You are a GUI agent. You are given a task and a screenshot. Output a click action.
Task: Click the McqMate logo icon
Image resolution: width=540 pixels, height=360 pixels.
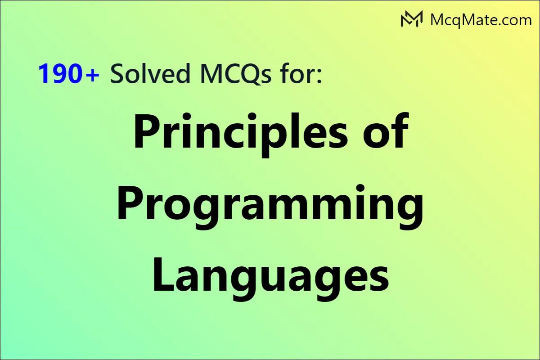[x=411, y=19]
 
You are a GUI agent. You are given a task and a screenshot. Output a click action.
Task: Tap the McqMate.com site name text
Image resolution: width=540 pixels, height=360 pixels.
[x=481, y=20]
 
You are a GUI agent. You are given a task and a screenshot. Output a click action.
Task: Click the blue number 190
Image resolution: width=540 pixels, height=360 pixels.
[x=59, y=73]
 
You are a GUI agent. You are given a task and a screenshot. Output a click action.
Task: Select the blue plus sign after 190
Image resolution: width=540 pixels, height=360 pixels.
[x=92, y=75]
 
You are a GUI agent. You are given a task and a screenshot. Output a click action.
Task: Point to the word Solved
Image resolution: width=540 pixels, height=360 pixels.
[x=150, y=73]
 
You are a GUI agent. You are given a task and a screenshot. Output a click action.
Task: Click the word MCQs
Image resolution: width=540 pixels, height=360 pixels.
[x=235, y=74]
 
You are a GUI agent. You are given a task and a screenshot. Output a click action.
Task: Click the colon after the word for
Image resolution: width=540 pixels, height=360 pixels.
[x=319, y=76]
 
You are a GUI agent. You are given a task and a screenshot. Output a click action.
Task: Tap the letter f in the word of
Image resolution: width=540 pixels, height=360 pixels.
[x=400, y=130]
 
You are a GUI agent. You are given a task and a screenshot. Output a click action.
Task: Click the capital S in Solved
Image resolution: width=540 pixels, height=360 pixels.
[x=117, y=73]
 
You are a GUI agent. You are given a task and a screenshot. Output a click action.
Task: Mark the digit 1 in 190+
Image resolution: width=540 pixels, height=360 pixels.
[x=45, y=73]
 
